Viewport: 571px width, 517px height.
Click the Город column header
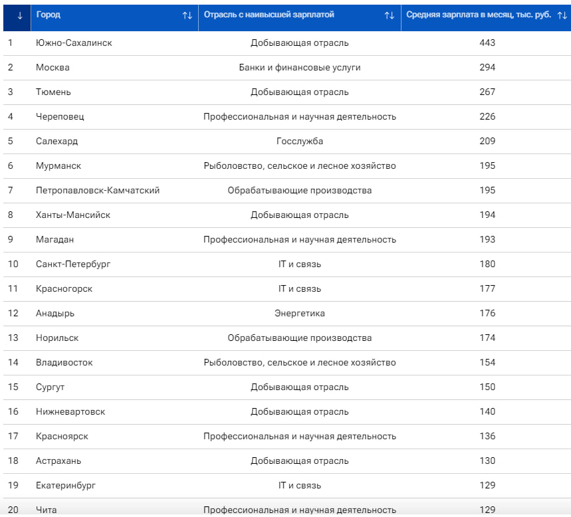48,15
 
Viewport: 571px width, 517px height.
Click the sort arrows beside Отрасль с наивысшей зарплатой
390,16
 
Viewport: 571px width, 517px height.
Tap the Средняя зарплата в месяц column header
479,15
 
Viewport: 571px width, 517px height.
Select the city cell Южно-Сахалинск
74,43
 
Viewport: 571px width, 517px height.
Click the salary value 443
487,43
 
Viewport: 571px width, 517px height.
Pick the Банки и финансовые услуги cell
300,68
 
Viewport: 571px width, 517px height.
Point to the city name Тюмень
53,92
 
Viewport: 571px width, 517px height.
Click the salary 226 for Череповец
487,116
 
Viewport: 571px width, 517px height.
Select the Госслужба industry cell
300,142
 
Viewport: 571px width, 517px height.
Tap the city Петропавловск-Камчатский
98,191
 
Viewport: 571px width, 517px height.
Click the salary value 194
487,215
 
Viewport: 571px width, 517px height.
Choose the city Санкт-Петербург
73,264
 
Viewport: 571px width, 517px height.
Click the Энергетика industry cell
300,314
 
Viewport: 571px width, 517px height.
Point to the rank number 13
13,338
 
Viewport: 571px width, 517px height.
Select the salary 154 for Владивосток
487,363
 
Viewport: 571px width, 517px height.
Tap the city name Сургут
50,387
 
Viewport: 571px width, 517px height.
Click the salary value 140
487,412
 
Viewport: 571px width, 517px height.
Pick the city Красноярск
62,436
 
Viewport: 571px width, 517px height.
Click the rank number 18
13,461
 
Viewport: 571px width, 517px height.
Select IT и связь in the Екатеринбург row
300,485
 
